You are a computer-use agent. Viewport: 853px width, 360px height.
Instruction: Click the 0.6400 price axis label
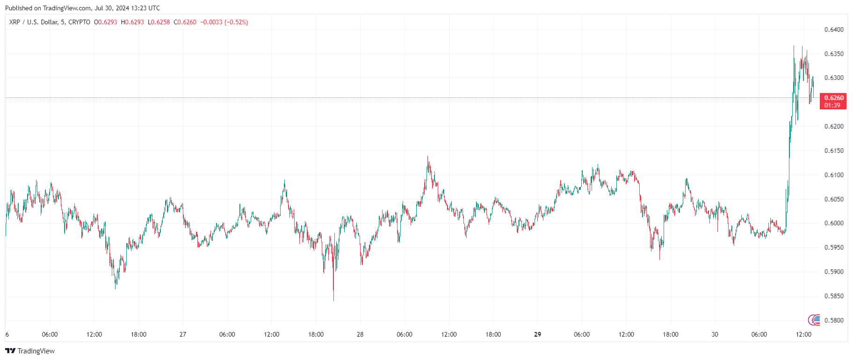coord(834,29)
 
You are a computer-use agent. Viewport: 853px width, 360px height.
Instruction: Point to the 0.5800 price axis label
coord(834,320)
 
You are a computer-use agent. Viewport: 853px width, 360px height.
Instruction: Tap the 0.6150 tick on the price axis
coord(834,151)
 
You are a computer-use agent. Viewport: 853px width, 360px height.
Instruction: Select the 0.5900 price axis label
coord(834,272)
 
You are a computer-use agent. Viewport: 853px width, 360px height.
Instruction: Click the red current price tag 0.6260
coord(833,98)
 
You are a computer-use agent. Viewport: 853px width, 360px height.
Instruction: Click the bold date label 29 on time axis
coord(537,334)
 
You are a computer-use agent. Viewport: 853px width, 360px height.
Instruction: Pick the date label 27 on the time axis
coord(183,334)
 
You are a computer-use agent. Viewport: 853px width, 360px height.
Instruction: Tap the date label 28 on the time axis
coord(360,334)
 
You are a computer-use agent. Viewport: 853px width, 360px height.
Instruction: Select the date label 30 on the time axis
coord(715,334)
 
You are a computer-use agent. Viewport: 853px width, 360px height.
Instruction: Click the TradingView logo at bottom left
coord(30,351)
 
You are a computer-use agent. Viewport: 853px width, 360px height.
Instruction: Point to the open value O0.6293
coord(106,22)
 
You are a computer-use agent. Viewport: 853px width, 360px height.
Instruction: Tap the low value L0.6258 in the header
coord(159,22)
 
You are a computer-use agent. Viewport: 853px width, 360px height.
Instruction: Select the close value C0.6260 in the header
coord(185,22)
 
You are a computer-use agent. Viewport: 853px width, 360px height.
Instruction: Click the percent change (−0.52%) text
coord(236,22)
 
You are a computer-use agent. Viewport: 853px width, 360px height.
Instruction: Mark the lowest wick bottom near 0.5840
coord(333,300)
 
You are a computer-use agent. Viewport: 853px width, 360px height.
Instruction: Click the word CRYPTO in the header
coord(80,22)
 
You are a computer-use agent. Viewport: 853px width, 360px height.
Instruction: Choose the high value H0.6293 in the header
coord(132,22)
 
